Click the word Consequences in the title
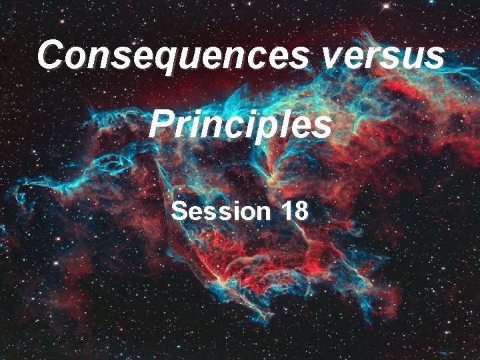coord(173,55)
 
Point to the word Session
coord(218,211)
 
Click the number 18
coord(294,211)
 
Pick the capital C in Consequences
coord(51,55)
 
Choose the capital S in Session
coord(179,211)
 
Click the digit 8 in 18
coord(301,211)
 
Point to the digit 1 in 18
coord(287,211)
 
